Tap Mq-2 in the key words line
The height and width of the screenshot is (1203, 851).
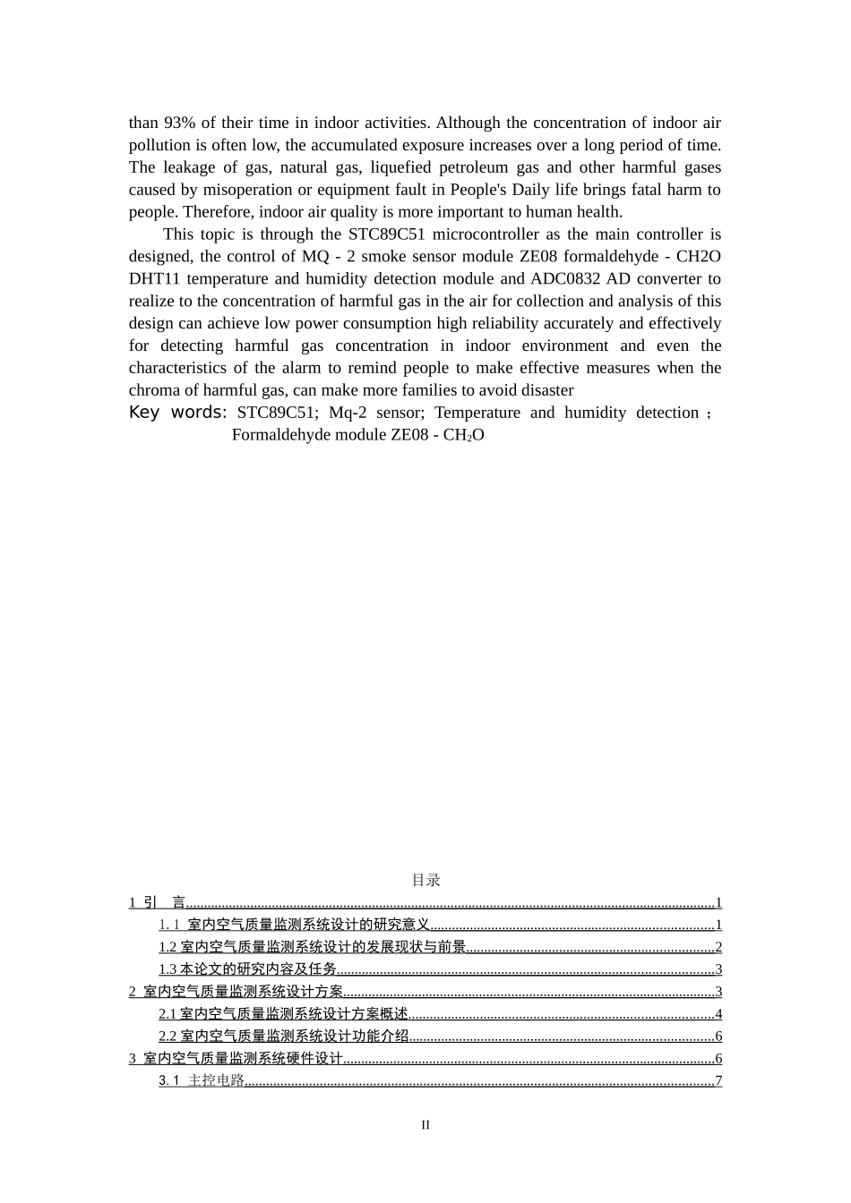click(348, 413)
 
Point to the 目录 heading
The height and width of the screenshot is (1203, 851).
click(425, 880)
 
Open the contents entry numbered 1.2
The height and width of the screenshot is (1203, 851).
click(313, 947)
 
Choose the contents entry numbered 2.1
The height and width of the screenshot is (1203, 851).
click(284, 1014)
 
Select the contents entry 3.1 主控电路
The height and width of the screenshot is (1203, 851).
click(202, 1080)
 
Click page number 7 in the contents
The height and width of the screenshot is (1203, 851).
click(718, 1080)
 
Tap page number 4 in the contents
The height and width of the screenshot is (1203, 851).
click(718, 1014)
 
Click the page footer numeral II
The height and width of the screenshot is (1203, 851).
click(425, 1125)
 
